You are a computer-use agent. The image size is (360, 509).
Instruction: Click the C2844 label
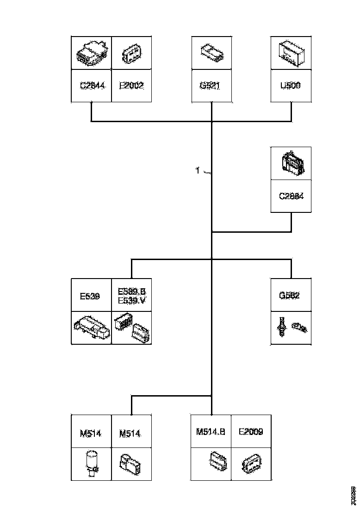point(92,86)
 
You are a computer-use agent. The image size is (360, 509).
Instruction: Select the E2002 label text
point(131,86)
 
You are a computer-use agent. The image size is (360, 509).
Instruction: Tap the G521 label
point(211,86)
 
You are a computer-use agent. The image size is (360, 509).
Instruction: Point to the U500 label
point(291,86)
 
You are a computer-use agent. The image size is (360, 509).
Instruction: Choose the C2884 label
point(291,196)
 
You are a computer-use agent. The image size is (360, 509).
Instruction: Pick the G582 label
point(290,295)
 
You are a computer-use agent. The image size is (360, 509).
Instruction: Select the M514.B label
point(211,432)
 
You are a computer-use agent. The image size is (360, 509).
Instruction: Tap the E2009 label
point(251,432)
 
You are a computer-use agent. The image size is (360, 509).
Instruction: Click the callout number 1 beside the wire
point(198,171)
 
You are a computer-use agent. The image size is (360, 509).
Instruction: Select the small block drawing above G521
point(211,52)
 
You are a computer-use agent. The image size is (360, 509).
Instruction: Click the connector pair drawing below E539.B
point(132,327)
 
